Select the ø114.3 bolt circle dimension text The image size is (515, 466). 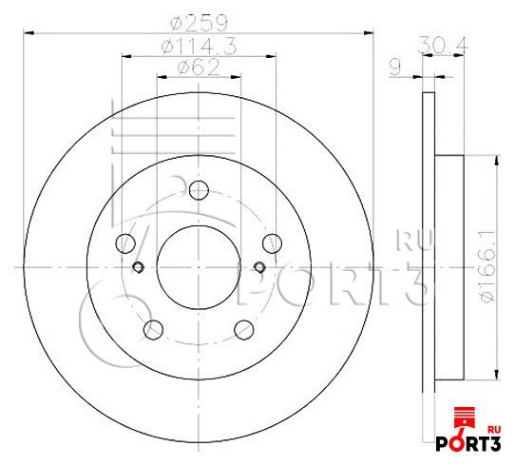(x=199, y=47)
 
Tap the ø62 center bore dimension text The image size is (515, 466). (x=199, y=68)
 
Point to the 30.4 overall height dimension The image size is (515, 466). (x=443, y=46)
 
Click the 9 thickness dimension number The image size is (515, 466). (x=395, y=68)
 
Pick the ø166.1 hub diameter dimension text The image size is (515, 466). (x=486, y=266)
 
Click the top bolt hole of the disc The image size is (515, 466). (x=199, y=190)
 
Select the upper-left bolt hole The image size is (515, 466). (x=125, y=243)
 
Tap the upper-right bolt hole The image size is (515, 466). (x=273, y=243)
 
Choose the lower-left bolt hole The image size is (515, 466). (x=153, y=329)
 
